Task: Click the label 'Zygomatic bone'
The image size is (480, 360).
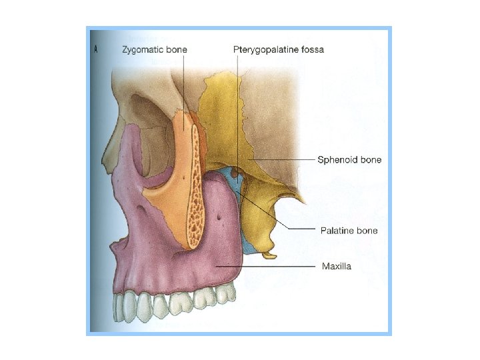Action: (x=155, y=49)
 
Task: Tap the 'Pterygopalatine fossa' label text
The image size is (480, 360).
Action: (x=279, y=49)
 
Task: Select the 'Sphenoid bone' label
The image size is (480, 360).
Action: (x=348, y=160)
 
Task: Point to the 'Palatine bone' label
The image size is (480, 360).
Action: (x=349, y=231)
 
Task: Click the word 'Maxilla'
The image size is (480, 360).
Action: (x=337, y=267)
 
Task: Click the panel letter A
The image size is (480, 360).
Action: (x=97, y=49)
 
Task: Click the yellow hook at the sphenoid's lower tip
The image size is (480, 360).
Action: (x=269, y=255)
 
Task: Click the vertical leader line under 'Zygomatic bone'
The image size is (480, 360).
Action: (x=183, y=87)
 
